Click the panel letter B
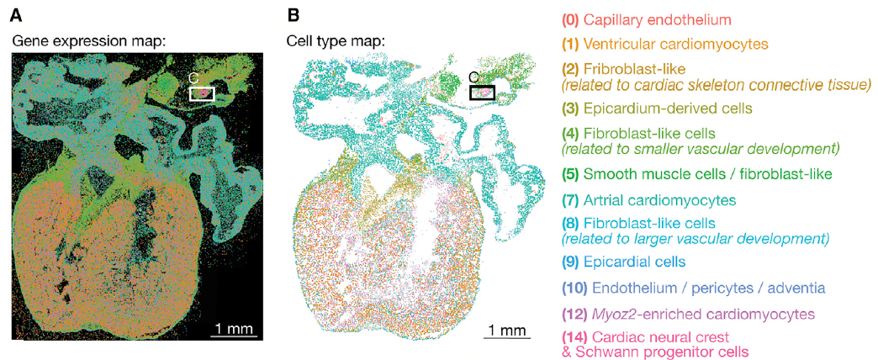(x=293, y=14)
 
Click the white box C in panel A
(x=202, y=93)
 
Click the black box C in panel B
(x=482, y=93)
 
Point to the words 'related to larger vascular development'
(x=697, y=238)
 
